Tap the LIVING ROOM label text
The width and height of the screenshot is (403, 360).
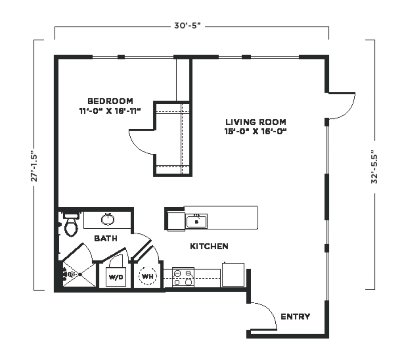tap(256, 122)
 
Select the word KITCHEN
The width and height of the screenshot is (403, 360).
tap(209, 246)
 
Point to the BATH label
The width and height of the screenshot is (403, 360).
tap(106, 238)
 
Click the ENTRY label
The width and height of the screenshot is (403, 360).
tap(296, 317)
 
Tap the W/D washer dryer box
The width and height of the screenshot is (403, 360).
tap(116, 277)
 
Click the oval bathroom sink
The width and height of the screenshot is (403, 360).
tap(108, 219)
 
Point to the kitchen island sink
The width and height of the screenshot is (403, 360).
tap(197, 221)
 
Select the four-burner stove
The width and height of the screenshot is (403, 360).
tap(183, 278)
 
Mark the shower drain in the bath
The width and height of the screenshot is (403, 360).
tap(80, 275)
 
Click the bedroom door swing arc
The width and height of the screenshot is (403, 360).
tap(139, 143)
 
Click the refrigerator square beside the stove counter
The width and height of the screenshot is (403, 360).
tap(233, 275)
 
